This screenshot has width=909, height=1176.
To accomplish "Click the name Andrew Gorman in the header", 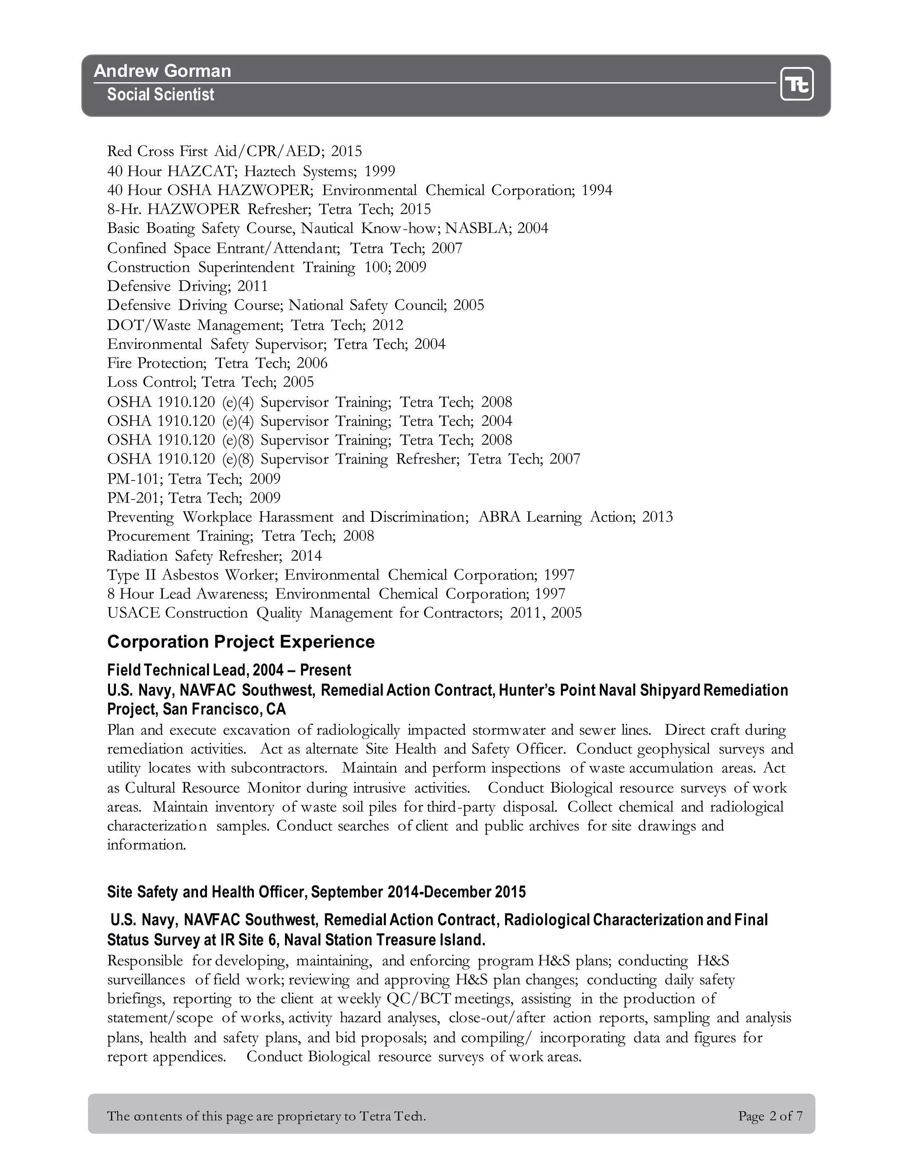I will [162, 71].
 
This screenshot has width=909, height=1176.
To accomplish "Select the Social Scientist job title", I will [161, 95].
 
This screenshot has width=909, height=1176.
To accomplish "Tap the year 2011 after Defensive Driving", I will [252, 286].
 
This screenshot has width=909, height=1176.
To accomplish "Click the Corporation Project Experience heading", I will [241, 642].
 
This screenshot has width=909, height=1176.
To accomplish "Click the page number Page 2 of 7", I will [771, 1116].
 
